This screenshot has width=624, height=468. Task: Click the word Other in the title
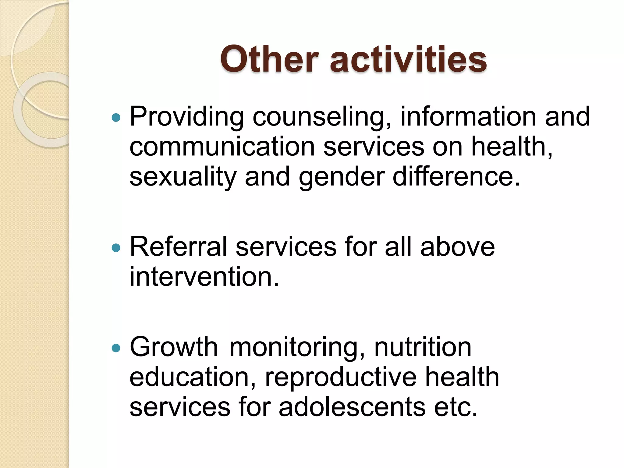click(x=269, y=59)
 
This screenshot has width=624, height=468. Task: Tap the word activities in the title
click(x=408, y=59)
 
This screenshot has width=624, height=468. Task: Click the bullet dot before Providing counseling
click(x=116, y=117)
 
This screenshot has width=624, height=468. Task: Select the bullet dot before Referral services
click(x=116, y=247)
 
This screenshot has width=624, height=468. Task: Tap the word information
click(x=468, y=116)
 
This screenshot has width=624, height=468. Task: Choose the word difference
click(x=456, y=177)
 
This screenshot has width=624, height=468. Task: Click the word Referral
click(x=178, y=247)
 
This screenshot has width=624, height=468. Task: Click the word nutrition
click(x=423, y=347)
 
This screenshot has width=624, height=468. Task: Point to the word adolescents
click(x=352, y=407)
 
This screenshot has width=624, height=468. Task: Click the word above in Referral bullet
click(x=457, y=247)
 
